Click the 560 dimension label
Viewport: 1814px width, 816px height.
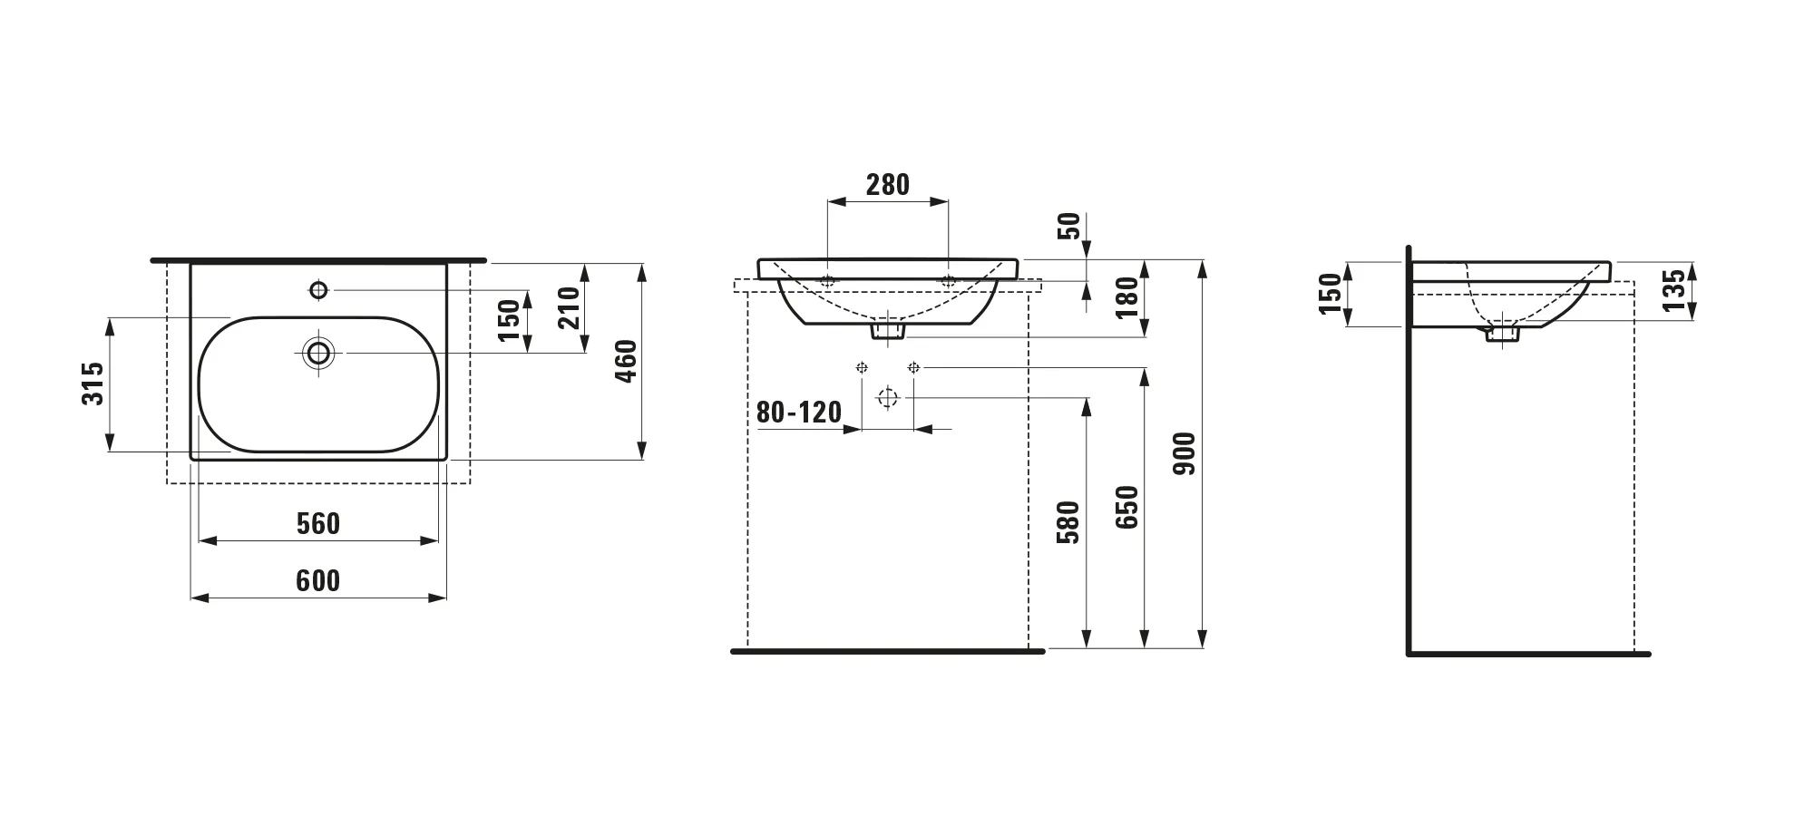318,524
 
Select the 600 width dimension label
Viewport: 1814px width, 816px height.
318,581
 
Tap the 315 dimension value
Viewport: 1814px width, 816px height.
93,384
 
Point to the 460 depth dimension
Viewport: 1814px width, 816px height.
627,361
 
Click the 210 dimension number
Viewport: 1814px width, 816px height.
569,306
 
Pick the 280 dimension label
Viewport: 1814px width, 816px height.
888,185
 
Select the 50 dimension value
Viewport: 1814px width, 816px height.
1070,226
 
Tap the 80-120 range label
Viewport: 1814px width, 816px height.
799,413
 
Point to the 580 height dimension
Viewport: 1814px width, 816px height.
1070,522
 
